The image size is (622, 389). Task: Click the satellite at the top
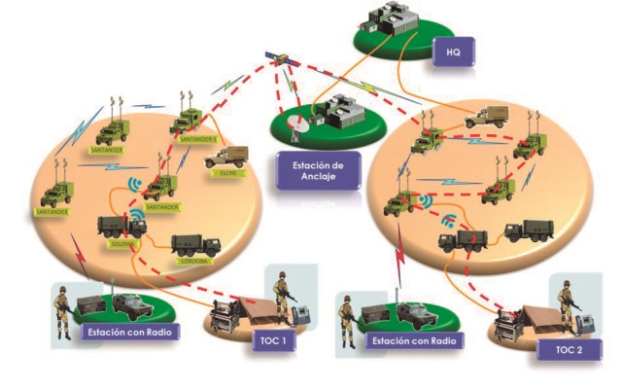click(285, 61)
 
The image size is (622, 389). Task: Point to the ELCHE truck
click(226, 157)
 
